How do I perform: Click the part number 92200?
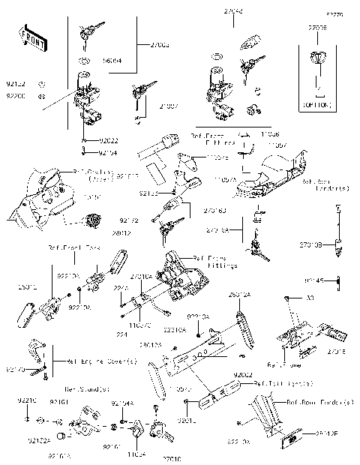15,97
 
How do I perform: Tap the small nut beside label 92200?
42,97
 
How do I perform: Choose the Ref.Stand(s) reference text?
87,388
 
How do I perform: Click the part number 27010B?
310,244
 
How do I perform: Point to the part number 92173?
16,369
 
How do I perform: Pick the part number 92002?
242,373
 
